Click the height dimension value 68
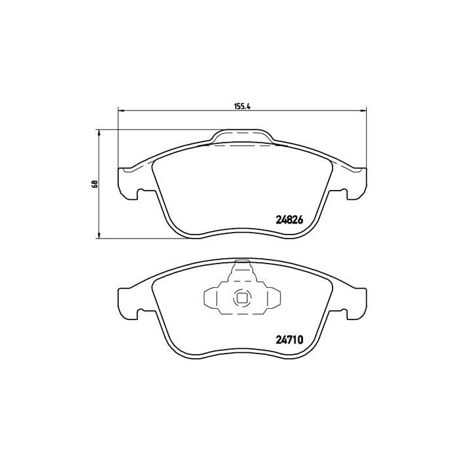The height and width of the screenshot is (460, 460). pyautogui.click(x=95, y=184)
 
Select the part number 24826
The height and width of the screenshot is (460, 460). pyautogui.click(x=288, y=220)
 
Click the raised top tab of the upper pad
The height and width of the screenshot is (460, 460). pyautogui.click(x=242, y=137)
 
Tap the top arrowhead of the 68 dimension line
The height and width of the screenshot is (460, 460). pyautogui.click(x=99, y=133)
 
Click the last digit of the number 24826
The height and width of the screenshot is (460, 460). pyautogui.click(x=300, y=220)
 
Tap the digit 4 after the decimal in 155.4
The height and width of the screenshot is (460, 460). pyautogui.click(x=250, y=103)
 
